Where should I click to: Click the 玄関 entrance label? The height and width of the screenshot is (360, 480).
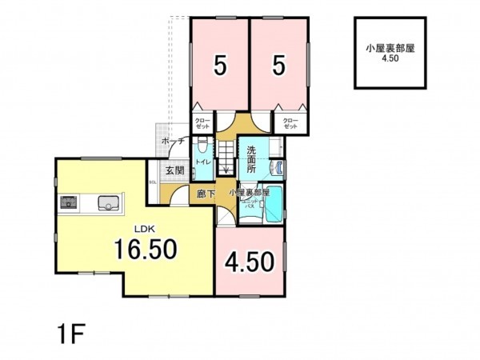[x=175, y=170]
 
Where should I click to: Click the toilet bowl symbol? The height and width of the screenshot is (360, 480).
[x=203, y=146]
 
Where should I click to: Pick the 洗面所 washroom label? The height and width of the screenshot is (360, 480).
[x=250, y=160]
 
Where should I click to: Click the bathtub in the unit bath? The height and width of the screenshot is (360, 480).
[x=274, y=203]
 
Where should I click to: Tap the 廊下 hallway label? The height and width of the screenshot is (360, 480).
[x=205, y=193]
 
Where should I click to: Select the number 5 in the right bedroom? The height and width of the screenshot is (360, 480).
[x=278, y=66]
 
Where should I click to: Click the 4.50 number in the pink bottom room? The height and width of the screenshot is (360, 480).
[x=250, y=262]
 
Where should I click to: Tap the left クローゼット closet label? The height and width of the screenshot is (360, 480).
[x=202, y=123]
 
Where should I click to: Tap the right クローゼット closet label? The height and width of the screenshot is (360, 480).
[x=290, y=123]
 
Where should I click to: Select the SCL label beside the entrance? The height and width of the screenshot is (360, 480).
[x=153, y=182]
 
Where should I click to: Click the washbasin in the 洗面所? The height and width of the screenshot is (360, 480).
[x=280, y=166]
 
